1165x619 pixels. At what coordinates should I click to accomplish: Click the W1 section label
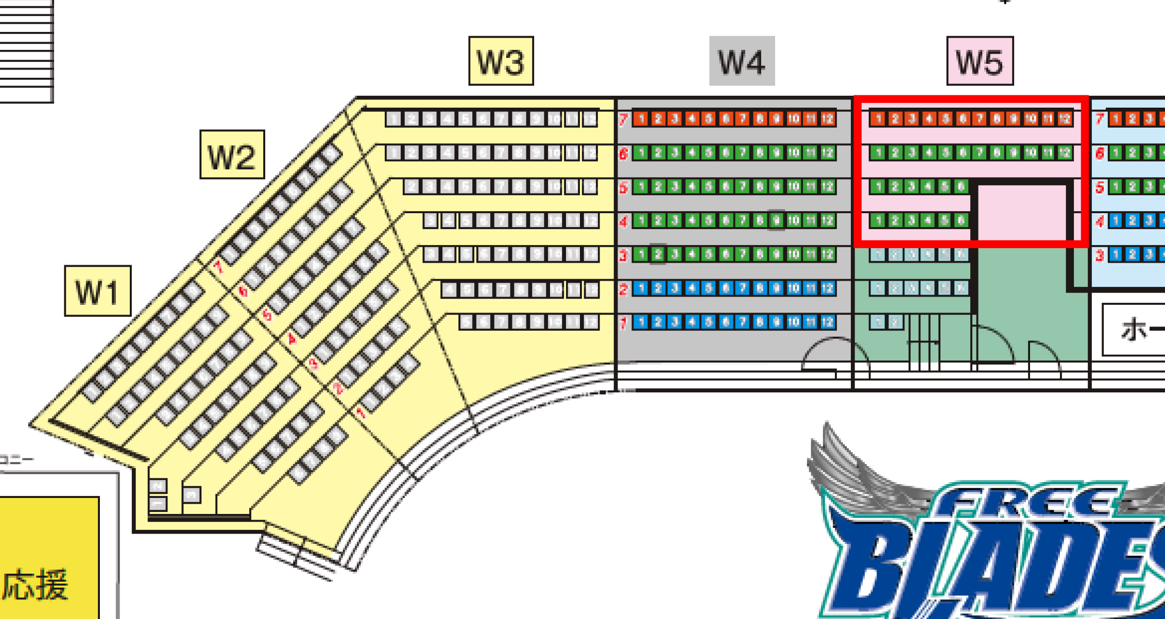(x=98, y=291)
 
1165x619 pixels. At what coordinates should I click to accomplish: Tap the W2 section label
(x=232, y=155)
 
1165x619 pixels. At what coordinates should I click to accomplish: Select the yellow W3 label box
(x=501, y=61)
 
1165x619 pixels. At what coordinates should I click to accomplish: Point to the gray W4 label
(x=742, y=61)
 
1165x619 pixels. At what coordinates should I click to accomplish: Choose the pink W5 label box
(x=980, y=61)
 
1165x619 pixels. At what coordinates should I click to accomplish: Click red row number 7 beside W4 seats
(x=623, y=119)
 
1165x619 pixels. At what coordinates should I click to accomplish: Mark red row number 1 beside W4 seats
(x=623, y=323)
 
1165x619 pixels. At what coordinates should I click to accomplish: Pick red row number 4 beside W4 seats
(x=623, y=221)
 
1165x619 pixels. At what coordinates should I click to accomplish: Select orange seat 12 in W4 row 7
(x=827, y=119)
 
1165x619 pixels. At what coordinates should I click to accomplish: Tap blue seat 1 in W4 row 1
(x=641, y=322)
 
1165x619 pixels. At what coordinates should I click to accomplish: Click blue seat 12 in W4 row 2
(x=827, y=288)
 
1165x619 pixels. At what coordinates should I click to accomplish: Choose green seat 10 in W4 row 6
(x=793, y=153)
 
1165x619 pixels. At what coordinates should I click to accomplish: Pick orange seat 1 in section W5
(x=878, y=119)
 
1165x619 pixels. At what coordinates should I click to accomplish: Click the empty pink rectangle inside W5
(x=1021, y=211)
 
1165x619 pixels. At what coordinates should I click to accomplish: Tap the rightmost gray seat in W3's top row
(x=590, y=119)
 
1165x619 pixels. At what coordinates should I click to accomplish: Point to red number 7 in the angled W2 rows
(x=218, y=266)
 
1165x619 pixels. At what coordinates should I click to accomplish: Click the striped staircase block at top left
(x=26, y=51)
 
